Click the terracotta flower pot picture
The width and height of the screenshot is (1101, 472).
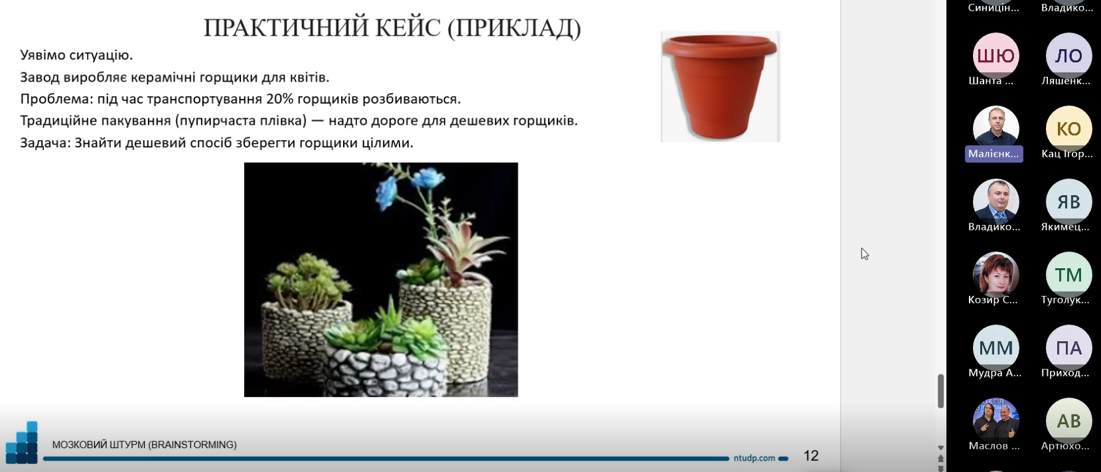pyautogui.click(x=720, y=86)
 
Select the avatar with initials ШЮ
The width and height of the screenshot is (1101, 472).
pyautogui.click(x=995, y=56)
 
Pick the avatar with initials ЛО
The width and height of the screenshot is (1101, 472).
pyautogui.click(x=1068, y=56)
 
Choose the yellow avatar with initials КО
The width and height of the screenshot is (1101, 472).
pyautogui.click(x=1068, y=129)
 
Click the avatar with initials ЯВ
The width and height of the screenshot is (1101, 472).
pyautogui.click(x=1068, y=202)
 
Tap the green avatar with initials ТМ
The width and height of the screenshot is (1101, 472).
pyautogui.click(x=1068, y=275)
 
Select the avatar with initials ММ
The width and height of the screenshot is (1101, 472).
pyautogui.click(x=995, y=348)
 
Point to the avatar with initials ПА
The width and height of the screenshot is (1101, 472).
pyautogui.click(x=1068, y=348)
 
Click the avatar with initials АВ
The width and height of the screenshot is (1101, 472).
pyautogui.click(x=1068, y=421)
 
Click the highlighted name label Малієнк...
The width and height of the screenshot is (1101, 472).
pyautogui.click(x=994, y=154)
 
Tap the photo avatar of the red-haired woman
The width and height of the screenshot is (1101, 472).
pyautogui.click(x=995, y=275)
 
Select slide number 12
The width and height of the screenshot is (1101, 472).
pyautogui.click(x=811, y=456)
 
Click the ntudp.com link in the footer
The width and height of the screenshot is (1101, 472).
pyautogui.click(x=754, y=458)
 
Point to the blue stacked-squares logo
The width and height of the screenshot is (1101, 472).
pyautogui.click(x=22, y=443)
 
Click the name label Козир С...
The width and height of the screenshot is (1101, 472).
pyautogui.click(x=993, y=300)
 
